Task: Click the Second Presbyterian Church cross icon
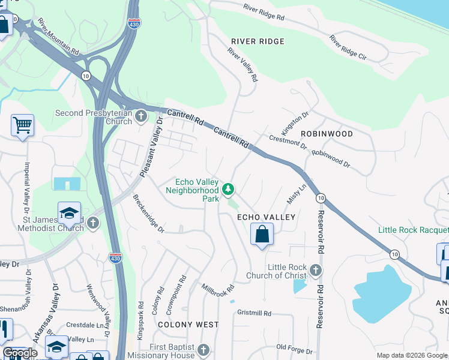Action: [141, 116]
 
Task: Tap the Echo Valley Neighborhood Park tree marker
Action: [228, 190]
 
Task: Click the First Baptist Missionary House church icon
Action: [203, 350]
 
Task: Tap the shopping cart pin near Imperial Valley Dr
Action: [22, 125]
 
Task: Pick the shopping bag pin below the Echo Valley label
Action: [262, 234]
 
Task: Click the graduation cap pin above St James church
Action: [69, 212]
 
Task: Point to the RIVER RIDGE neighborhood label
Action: [258, 41]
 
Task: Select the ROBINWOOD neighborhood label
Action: [327, 133]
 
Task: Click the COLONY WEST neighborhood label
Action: [188, 325]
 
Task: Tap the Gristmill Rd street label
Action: [255, 313]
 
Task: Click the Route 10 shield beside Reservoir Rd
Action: [321, 198]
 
